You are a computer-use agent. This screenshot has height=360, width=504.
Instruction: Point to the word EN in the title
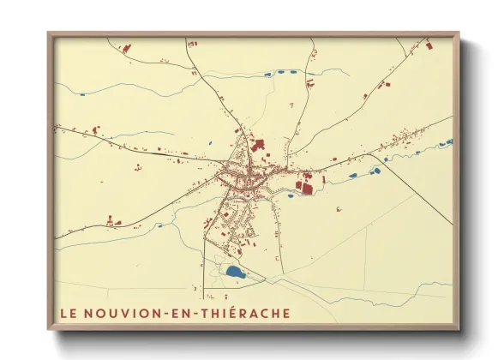point(183,313)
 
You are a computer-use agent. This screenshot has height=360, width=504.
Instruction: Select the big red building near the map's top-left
point(127,49)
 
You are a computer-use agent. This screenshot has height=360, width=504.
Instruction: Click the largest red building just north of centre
point(259,146)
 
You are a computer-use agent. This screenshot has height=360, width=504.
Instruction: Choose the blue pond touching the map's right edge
point(447,142)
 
